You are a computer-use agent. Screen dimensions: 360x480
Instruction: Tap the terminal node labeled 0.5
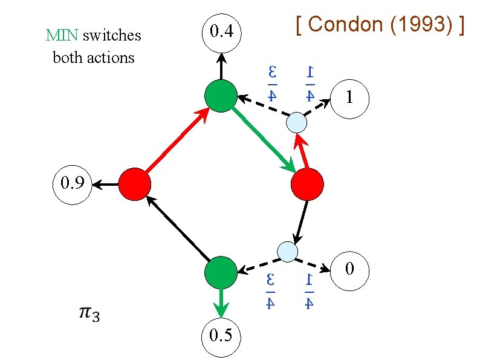221,335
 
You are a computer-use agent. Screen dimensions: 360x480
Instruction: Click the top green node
221,96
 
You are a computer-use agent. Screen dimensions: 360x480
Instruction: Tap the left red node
134,184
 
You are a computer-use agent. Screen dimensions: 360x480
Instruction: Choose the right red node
308,184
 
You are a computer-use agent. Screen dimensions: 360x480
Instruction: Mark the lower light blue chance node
287,250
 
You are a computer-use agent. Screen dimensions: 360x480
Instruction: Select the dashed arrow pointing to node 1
319,107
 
